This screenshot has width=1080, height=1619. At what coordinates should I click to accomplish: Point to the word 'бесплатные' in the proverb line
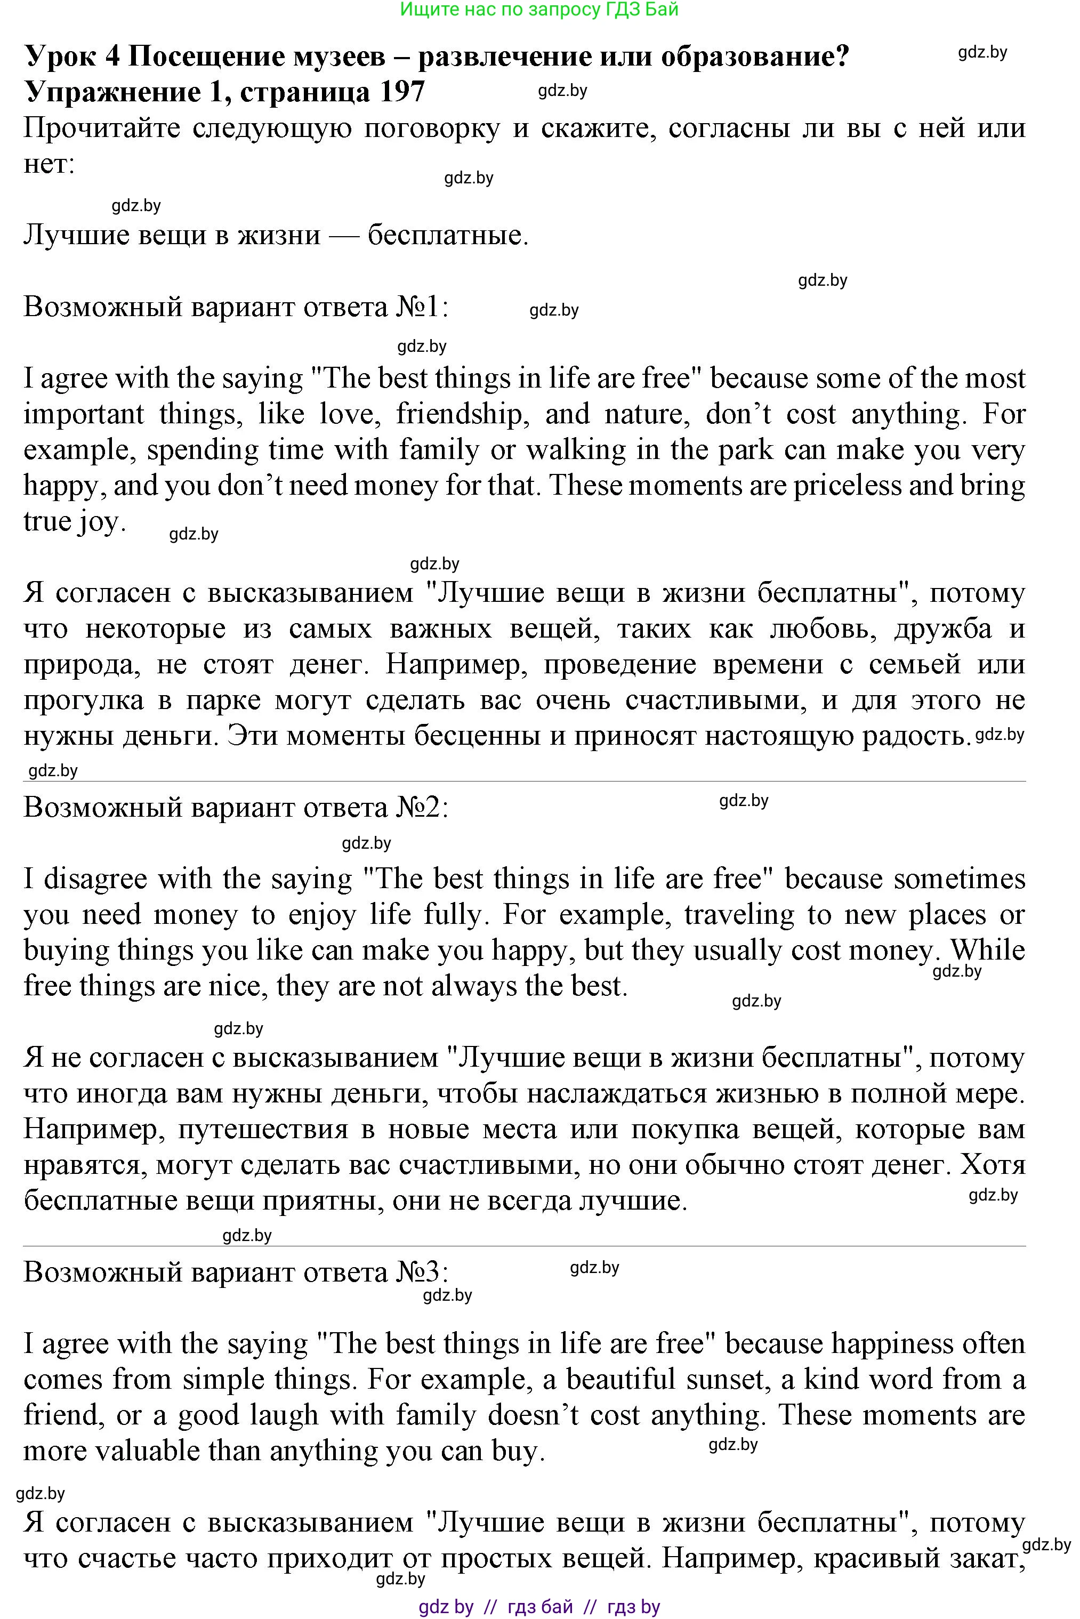(x=448, y=236)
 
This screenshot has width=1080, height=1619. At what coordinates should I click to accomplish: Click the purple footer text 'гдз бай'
(x=539, y=1607)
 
